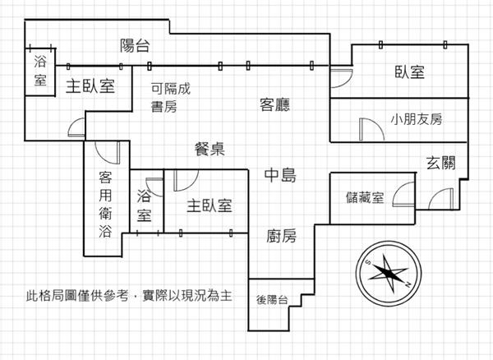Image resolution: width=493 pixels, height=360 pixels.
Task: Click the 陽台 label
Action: coord(135,45)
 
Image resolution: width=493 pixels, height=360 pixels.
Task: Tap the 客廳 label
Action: coord(276,104)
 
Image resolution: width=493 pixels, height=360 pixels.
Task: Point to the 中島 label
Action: coord(279,176)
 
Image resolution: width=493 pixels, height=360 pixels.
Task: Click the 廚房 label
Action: coord(281,236)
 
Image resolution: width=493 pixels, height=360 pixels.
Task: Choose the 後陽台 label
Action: coord(271,300)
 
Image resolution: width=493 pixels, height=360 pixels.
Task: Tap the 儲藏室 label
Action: coord(366,197)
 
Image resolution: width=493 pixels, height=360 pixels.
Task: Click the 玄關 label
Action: coord(441,161)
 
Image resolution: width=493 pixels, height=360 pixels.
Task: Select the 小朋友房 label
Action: coord(417,120)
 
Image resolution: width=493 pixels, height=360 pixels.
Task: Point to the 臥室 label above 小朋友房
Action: coord(408,72)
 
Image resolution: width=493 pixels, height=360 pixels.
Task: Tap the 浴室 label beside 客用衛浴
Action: coord(145,205)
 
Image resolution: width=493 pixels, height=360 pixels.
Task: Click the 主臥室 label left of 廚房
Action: coord(209,205)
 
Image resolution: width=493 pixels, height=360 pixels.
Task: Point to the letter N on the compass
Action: coord(407,284)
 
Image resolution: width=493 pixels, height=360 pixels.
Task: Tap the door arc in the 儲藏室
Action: coord(403,195)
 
